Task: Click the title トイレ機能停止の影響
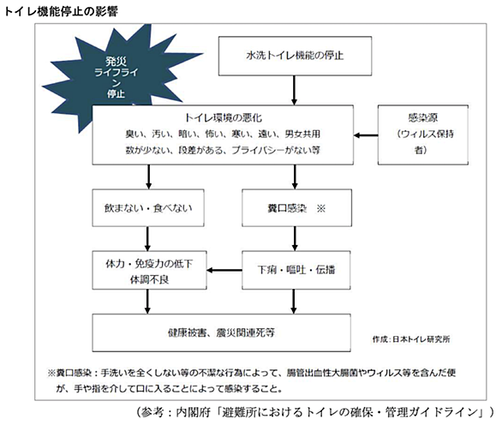coord(61,11)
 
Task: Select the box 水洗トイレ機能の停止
coord(295,56)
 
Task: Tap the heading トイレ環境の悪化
coord(223,118)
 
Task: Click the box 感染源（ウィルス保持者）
coord(423,135)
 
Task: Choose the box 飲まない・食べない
coord(148,208)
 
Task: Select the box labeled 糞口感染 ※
coord(296,208)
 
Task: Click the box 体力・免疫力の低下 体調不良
coord(149,270)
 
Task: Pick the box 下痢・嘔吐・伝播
coord(296,270)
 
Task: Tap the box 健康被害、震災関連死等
coord(221,332)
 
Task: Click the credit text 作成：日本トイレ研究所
coord(411,339)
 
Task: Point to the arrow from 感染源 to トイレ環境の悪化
coord(366,135)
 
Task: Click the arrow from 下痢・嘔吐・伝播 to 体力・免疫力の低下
coord(224,270)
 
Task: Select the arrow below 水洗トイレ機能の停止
coord(294,90)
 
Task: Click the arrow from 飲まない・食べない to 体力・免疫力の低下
coord(147,239)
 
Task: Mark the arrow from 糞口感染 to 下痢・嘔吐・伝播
coord(295,239)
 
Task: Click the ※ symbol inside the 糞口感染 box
coord(320,209)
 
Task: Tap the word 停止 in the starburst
coord(116,94)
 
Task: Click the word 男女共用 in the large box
coord(302,134)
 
